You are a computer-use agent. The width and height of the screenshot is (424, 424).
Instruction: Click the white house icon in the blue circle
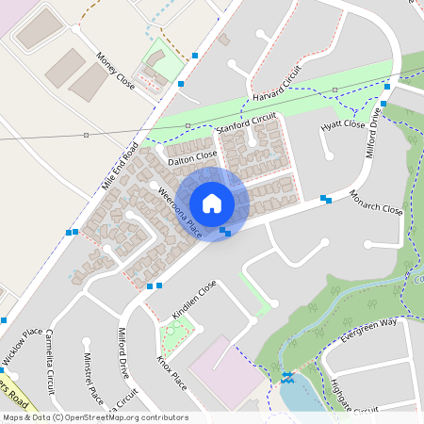pos(212,204)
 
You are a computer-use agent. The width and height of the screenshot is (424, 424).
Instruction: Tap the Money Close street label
pos(116,72)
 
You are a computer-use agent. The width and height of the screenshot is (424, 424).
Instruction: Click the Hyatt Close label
pos(343,124)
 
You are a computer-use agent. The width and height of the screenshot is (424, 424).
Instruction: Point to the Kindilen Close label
pos(194,299)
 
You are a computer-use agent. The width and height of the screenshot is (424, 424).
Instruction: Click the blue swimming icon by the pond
pos(286,378)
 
